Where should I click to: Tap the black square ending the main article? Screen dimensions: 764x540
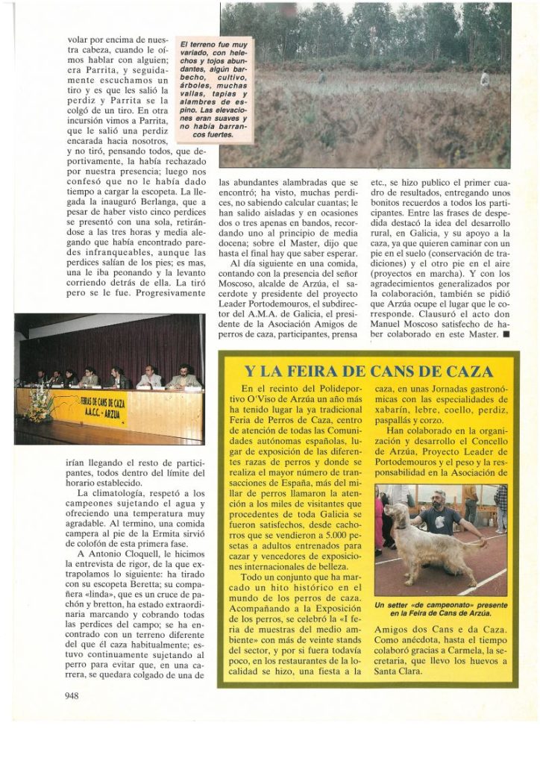(506, 335)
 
